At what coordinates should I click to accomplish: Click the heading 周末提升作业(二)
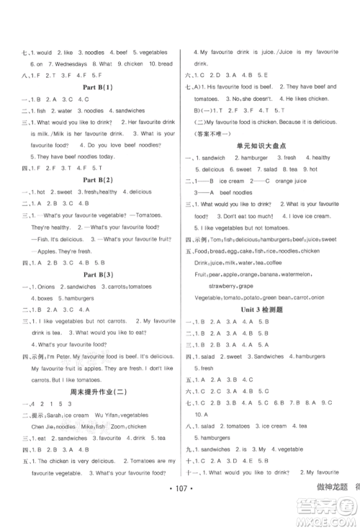[95, 392]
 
